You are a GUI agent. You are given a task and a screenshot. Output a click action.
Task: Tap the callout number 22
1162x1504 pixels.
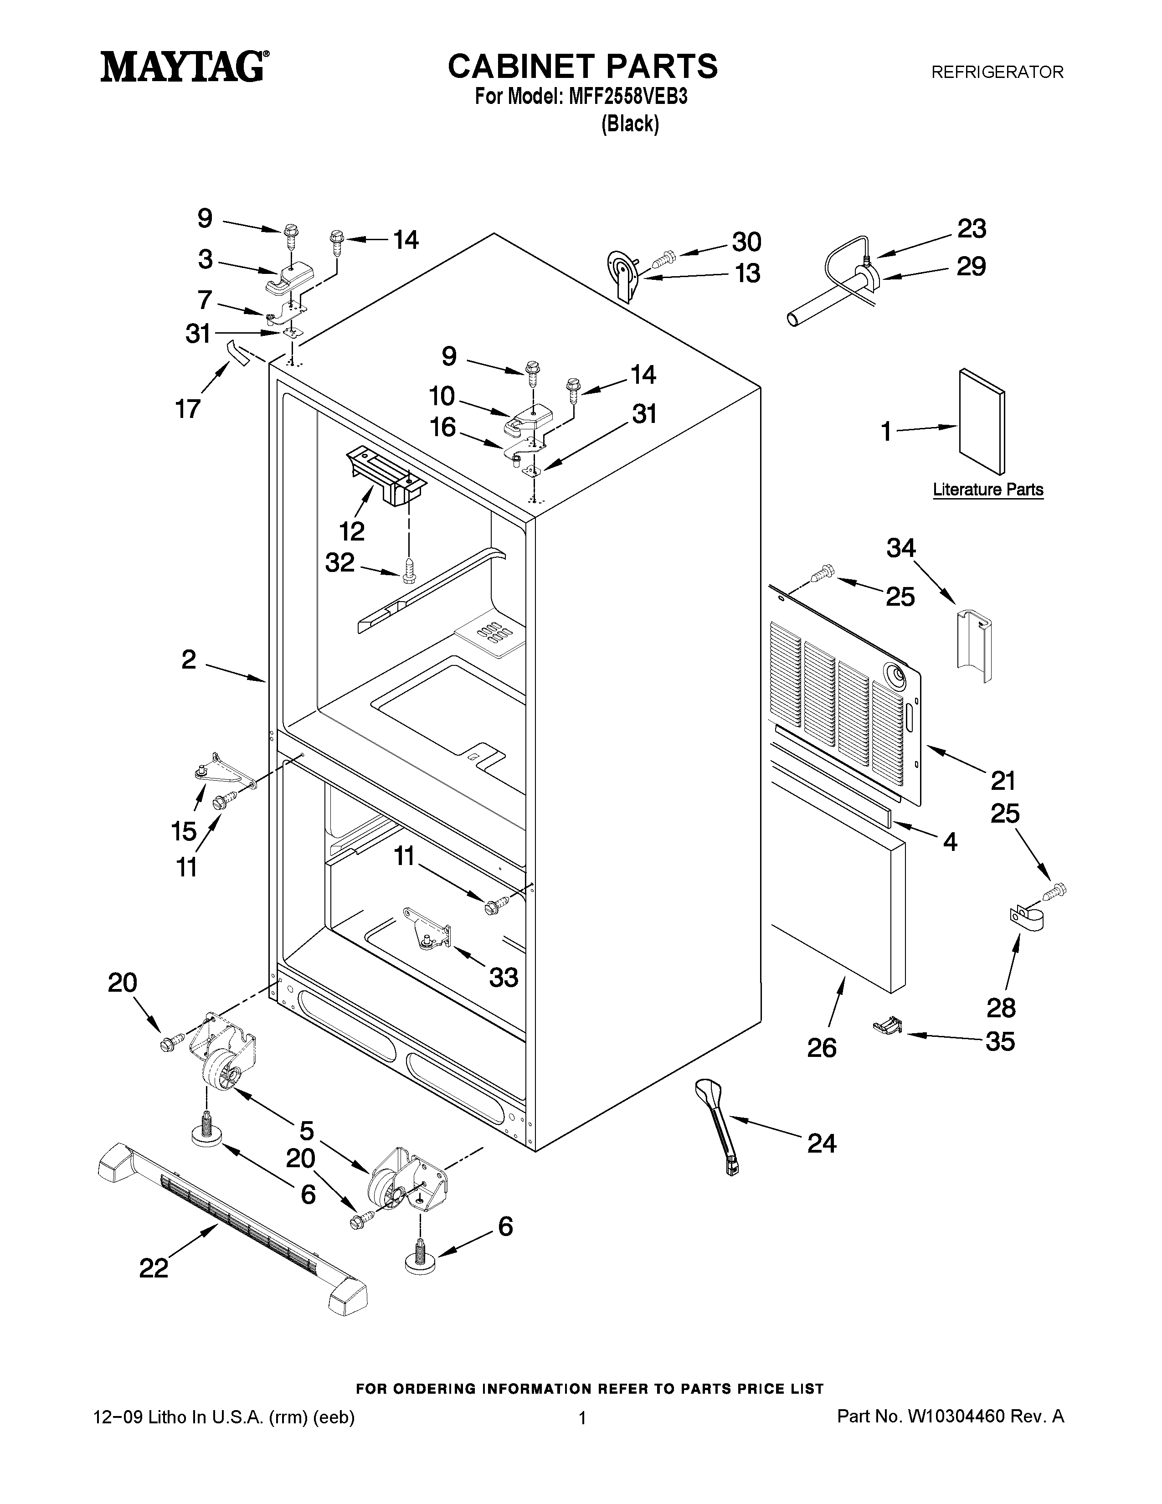tap(154, 1268)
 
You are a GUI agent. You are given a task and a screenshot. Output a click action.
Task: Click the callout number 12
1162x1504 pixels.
tap(352, 531)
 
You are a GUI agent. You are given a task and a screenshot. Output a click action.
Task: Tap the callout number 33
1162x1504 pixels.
tap(503, 977)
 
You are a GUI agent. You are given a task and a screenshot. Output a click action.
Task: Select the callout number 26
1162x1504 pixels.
tap(821, 1048)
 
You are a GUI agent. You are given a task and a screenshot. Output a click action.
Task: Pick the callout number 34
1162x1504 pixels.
tap(901, 548)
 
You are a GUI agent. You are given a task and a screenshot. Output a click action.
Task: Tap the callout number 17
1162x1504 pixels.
tap(187, 409)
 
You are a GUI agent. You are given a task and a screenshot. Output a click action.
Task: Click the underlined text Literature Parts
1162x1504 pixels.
tap(988, 489)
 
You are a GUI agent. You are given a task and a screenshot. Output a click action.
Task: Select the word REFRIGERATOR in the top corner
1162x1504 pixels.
tap(997, 72)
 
